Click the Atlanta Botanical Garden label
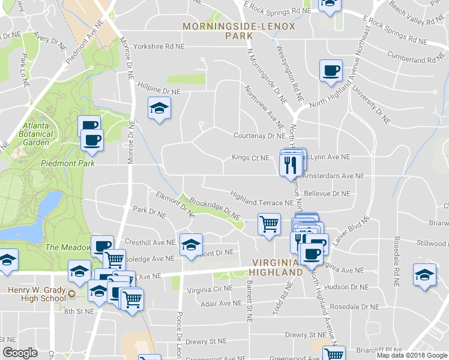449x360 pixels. (x=36, y=134)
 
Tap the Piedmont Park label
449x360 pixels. (x=60, y=163)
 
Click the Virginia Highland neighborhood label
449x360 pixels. (x=277, y=267)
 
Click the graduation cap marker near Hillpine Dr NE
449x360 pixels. (x=159, y=109)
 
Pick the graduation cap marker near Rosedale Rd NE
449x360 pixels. (x=424, y=275)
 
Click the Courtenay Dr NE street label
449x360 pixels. (x=258, y=136)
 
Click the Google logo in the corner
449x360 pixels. (x=20, y=353)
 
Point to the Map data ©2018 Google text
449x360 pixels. (x=411, y=355)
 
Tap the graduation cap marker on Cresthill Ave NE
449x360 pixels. (x=191, y=245)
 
